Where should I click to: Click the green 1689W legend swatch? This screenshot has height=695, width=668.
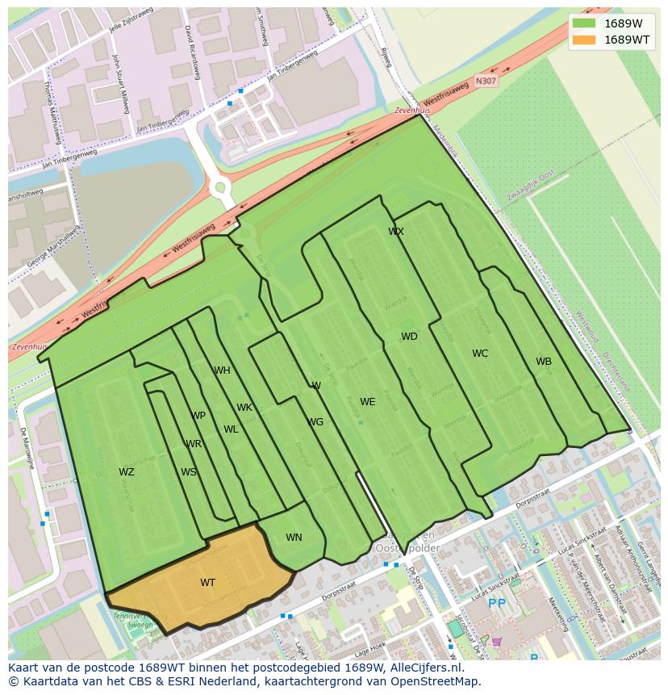point(584,23)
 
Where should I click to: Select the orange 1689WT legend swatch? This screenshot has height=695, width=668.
point(584,40)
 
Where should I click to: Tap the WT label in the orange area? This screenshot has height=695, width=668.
point(207,582)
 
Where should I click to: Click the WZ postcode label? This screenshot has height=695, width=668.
point(127,472)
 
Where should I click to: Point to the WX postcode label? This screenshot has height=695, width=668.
point(396,232)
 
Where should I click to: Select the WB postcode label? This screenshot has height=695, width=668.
point(544,362)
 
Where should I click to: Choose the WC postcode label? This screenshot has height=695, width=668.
point(480,354)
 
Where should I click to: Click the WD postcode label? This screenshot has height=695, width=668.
point(409,337)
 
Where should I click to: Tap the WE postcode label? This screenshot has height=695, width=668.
point(368,402)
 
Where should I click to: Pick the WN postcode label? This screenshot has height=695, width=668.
point(294,538)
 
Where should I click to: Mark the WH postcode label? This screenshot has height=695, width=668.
point(222,371)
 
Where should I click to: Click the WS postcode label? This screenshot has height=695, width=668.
point(188,472)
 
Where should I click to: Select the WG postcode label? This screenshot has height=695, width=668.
point(315,422)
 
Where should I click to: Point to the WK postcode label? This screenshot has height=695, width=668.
point(244,408)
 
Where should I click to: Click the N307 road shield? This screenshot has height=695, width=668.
point(486,81)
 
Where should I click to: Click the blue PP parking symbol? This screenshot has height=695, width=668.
point(497,603)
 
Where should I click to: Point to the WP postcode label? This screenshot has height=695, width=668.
point(198,416)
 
